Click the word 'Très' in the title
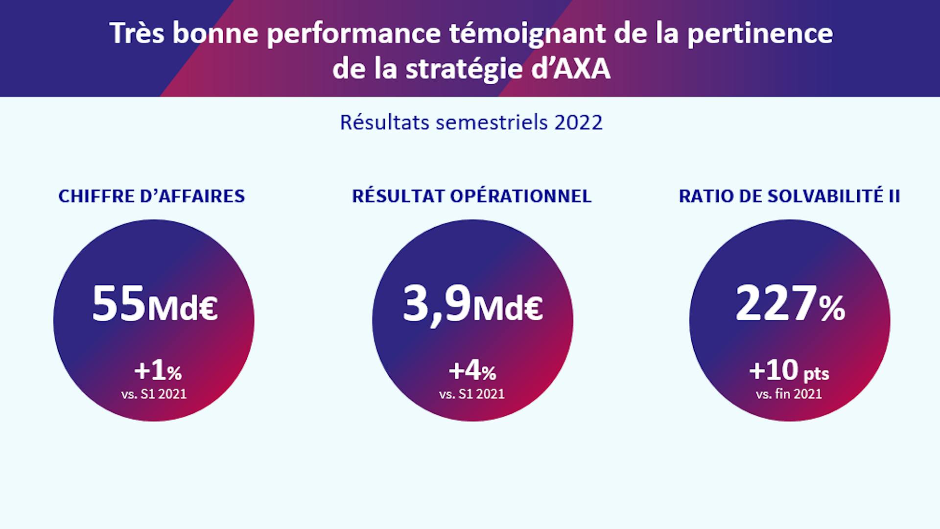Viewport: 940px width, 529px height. click(137, 33)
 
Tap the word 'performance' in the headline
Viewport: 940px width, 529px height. click(354, 33)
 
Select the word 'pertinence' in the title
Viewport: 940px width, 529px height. click(760, 33)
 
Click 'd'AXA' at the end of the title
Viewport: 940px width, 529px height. click(571, 69)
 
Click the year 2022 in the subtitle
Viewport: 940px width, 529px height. click(578, 122)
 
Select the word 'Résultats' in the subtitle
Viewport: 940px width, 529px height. click(384, 122)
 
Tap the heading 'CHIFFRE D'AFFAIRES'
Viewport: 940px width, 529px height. click(152, 196)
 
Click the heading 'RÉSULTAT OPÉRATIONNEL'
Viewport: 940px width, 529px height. click(471, 196)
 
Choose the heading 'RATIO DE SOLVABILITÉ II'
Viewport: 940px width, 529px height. click(789, 196)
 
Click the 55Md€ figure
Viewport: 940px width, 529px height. click(155, 305)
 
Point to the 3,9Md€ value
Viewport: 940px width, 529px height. click(472, 305)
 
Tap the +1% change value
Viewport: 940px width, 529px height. click(158, 371)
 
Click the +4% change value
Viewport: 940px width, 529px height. click(472, 371)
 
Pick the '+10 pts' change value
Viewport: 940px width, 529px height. click(789, 371)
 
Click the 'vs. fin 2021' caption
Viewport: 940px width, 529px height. click(789, 394)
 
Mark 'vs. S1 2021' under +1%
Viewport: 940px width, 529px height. click(154, 394)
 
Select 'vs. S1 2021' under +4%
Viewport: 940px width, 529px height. click(472, 394)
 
